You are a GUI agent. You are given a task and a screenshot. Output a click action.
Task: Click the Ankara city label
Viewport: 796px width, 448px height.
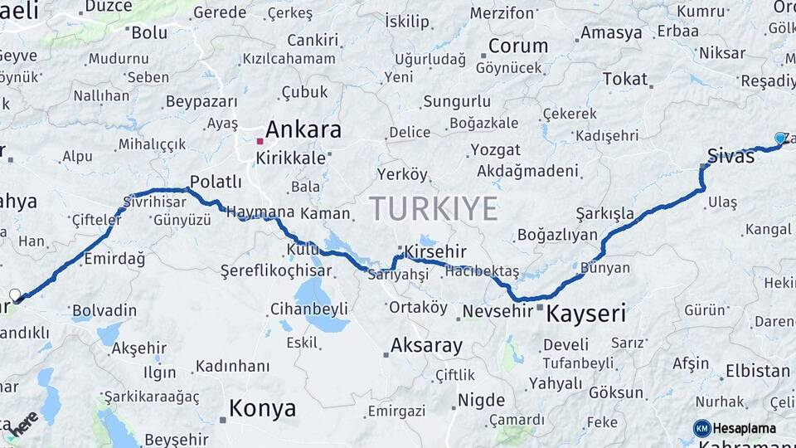pyautogui.click(x=303, y=130)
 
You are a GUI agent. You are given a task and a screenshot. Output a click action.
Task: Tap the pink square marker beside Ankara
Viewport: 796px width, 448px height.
pyautogui.click(x=260, y=141)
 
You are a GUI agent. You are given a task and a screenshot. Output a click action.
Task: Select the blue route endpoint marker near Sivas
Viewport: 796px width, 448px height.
pyautogui.click(x=779, y=138)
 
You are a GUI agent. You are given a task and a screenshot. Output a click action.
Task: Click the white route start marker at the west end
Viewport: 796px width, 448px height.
pyautogui.click(x=15, y=295)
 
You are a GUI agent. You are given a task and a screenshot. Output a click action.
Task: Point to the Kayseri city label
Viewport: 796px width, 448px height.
pyautogui.click(x=585, y=314)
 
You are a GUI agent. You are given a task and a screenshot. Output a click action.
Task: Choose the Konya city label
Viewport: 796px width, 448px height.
pyautogui.click(x=262, y=408)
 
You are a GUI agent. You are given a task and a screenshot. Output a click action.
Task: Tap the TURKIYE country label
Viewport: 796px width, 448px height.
pyautogui.click(x=434, y=207)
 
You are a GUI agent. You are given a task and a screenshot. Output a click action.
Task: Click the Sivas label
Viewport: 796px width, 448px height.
pyautogui.click(x=730, y=155)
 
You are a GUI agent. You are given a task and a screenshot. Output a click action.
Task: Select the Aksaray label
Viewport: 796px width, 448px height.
pyautogui.click(x=426, y=345)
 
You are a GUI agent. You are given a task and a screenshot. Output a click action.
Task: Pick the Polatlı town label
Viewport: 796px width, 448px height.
pyautogui.click(x=216, y=182)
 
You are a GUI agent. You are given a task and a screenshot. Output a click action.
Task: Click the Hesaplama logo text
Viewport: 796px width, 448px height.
pyautogui.click(x=745, y=428)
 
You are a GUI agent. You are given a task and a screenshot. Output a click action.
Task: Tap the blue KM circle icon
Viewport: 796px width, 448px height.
pyautogui.click(x=701, y=428)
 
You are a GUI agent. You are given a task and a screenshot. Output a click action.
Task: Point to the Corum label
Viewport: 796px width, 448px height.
pyautogui.click(x=517, y=46)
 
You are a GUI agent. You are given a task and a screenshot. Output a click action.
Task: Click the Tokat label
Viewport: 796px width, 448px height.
pyautogui.click(x=624, y=79)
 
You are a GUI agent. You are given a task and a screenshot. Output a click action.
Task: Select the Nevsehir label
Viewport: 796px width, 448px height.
pyautogui.click(x=497, y=311)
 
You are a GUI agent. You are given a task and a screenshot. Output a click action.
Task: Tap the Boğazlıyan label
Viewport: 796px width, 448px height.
pyautogui.click(x=557, y=235)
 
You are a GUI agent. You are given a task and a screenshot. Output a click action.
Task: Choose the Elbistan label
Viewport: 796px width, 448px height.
pyautogui.click(x=757, y=371)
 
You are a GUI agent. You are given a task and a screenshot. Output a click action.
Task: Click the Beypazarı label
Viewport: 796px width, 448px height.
pyautogui.click(x=201, y=101)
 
